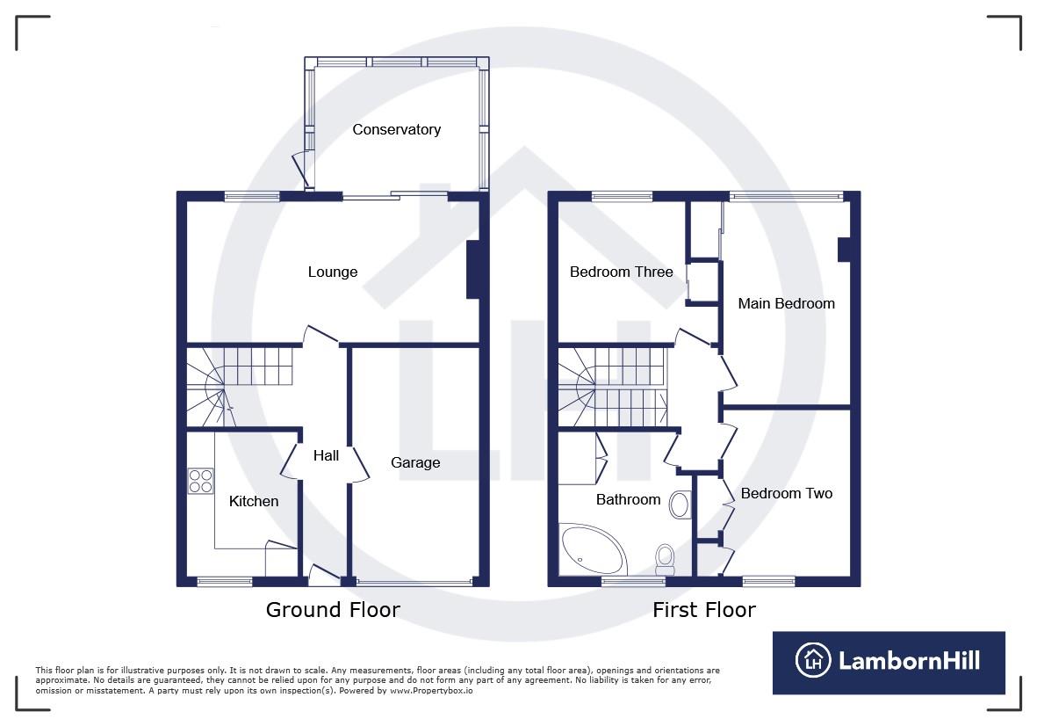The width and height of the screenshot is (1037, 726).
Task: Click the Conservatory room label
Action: [x=396, y=130]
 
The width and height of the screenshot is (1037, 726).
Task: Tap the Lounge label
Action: [x=332, y=272]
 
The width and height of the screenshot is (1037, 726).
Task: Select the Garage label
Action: [x=415, y=463]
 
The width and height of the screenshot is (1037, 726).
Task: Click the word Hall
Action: [x=326, y=455]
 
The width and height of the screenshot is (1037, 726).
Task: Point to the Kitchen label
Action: [x=254, y=502]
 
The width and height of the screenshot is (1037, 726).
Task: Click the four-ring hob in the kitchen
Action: [x=200, y=481]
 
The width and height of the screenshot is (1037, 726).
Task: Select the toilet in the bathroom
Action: [x=665, y=557]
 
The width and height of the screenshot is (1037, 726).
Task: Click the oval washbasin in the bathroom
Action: [x=680, y=505]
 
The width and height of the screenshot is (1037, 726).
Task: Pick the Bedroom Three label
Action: [x=621, y=272]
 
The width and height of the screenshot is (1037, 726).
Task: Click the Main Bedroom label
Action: [x=786, y=304]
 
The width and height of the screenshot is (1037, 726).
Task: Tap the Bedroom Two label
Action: [x=786, y=494]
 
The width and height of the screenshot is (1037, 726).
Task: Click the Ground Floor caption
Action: [x=333, y=610]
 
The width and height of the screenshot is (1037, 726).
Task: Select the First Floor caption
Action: [x=703, y=610]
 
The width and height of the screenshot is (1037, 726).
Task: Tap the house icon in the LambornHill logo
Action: [x=812, y=661]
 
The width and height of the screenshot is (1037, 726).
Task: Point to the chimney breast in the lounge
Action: [x=472, y=269]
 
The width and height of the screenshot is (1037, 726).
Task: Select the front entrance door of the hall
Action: [x=325, y=575]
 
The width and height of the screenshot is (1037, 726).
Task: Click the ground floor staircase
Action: [x=241, y=385]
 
